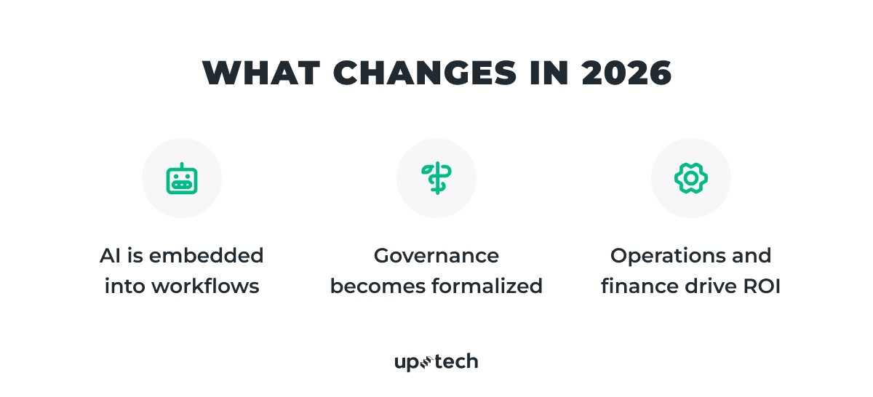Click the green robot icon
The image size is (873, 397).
pyautogui.click(x=182, y=178)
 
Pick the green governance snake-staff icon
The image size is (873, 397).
pyautogui.click(x=436, y=178)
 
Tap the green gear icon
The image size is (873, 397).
pyautogui.click(x=691, y=178)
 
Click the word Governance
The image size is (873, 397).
pyautogui.click(x=436, y=256)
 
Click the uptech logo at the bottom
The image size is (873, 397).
pyautogui.click(x=436, y=361)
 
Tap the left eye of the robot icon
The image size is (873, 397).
pyautogui.click(x=176, y=175)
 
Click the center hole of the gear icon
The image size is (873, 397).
pyautogui.click(x=691, y=178)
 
